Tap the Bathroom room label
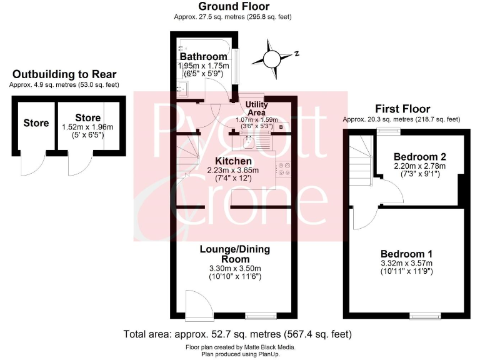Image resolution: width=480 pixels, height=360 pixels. pos(203,57)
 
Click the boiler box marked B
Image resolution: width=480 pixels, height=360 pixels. pos(281,127)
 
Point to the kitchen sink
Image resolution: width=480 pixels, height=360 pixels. pos(248,142)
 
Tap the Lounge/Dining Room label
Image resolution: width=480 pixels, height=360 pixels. pos(234,254)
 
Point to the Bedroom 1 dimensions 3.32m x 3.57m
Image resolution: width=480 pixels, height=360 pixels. pos(407,264)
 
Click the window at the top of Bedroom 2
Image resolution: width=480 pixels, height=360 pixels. pos(389,132)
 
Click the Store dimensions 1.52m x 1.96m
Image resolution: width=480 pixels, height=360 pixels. pos(87,127)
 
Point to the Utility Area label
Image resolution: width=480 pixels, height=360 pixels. pos(257,108)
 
